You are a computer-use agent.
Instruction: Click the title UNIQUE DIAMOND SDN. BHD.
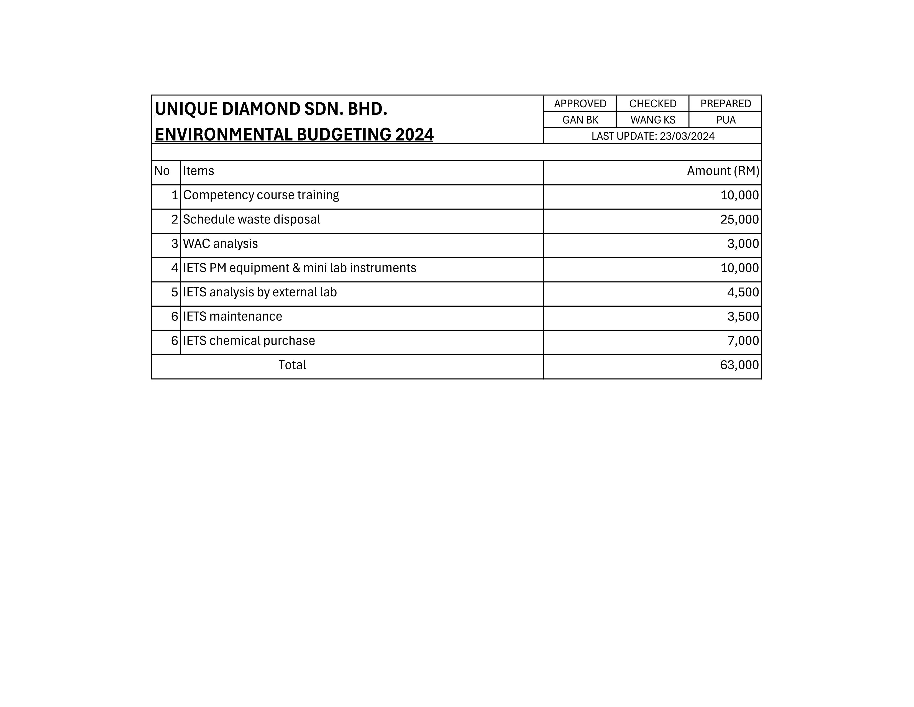click(271, 109)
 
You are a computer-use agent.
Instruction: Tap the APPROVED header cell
click(580, 103)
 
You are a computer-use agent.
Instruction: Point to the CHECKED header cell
click(652, 103)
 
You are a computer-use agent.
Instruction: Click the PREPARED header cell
click(725, 103)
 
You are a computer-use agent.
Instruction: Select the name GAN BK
click(580, 120)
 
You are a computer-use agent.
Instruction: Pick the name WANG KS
click(652, 120)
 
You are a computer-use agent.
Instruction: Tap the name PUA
click(725, 120)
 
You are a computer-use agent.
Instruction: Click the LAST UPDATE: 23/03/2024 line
click(652, 136)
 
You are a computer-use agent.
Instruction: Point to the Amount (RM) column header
click(723, 171)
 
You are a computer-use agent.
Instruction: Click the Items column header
click(198, 171)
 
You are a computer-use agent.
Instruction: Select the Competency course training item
click(261, 195)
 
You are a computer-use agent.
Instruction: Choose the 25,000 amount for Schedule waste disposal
click(739, 220)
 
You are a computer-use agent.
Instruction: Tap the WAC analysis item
click(220, 244)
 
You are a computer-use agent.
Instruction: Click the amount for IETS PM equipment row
click(739, 268)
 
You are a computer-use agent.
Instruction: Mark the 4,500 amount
click(743, 292)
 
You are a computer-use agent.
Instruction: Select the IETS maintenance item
click(232, 317)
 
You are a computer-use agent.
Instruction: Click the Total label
click(292, 365)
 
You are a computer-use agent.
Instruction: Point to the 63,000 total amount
click(739, 365)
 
